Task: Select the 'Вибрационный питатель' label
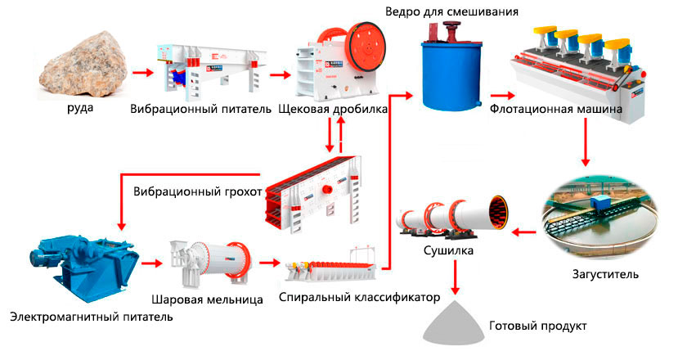200,109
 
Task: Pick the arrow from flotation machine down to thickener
585,142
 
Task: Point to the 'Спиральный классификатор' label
359,295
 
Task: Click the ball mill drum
208,258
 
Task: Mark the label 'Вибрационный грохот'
197,192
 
